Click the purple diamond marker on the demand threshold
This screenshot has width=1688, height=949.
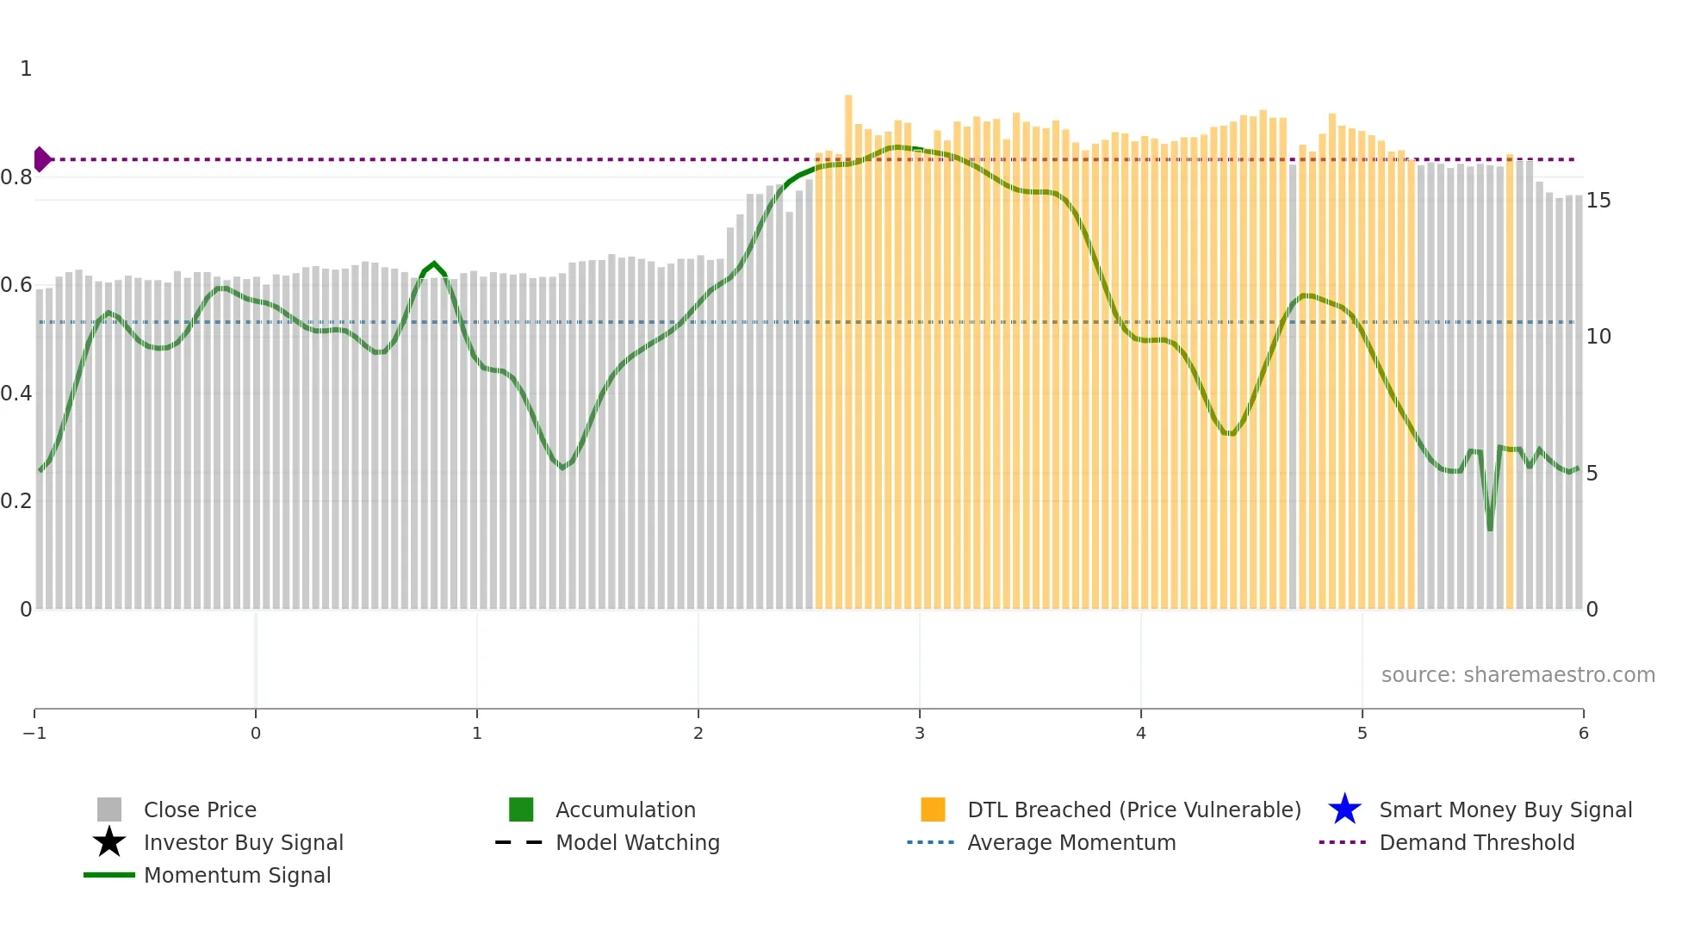tap(41, 159)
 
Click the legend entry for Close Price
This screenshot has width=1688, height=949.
tap(200, 809)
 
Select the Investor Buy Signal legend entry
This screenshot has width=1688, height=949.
tap(243, 842)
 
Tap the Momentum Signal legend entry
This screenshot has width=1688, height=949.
tap(237, 875)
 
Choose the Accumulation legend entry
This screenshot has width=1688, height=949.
tap(625, 809)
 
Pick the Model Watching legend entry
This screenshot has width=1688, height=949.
tap(637, 842)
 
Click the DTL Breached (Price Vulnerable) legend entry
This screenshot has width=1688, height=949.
tap(1133, 809)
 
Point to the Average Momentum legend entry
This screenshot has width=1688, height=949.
tap(1071, 842)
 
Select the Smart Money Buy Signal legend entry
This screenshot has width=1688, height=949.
tap(1505, 809)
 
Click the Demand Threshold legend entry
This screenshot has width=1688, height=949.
tap(1476, 842)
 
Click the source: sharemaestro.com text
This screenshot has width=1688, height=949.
tap(1517, 674)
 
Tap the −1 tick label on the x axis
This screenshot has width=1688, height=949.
tap(34, 733)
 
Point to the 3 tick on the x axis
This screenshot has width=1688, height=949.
tap(920, 733)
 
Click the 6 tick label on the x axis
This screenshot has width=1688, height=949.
tap(1583, 733)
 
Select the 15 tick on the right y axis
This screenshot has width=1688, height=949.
tap(1598, 201)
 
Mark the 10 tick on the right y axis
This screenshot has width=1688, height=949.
tap(1598, 337)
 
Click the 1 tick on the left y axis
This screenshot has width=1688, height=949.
tap(26, 69)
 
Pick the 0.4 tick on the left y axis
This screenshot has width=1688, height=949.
tap(17, 394)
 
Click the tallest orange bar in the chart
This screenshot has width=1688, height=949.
tap(848, 344)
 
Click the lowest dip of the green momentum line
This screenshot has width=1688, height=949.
tap(1490, 528)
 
